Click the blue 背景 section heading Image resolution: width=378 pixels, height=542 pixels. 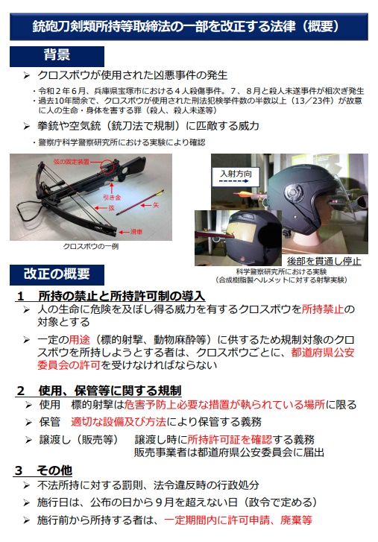(57, 56)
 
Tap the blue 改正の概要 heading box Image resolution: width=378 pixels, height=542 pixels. (57, 274)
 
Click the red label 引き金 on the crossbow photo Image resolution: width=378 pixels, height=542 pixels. (112, 198)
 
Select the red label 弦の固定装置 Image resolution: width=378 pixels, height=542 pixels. (71, 162)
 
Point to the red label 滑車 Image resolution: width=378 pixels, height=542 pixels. (136, 232)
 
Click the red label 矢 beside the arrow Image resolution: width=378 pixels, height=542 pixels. (156, 205)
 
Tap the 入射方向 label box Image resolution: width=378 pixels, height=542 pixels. (236, 177)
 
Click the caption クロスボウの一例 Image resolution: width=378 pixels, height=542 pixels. (91, 246)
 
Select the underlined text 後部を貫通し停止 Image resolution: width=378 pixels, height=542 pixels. (324, 261)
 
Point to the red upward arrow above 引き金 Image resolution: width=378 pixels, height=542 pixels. (112, 188)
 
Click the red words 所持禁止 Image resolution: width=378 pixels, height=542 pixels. (323, 309)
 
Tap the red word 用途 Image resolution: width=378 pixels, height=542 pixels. (79, 339)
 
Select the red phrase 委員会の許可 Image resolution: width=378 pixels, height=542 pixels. (69, 365)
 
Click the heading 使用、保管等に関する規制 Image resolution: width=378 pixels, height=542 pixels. (110, 391)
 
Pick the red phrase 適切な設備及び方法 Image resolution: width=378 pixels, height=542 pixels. (119, 422)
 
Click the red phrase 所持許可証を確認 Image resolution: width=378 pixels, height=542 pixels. (230, 439)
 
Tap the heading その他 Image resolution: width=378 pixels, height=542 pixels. (54, 470)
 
